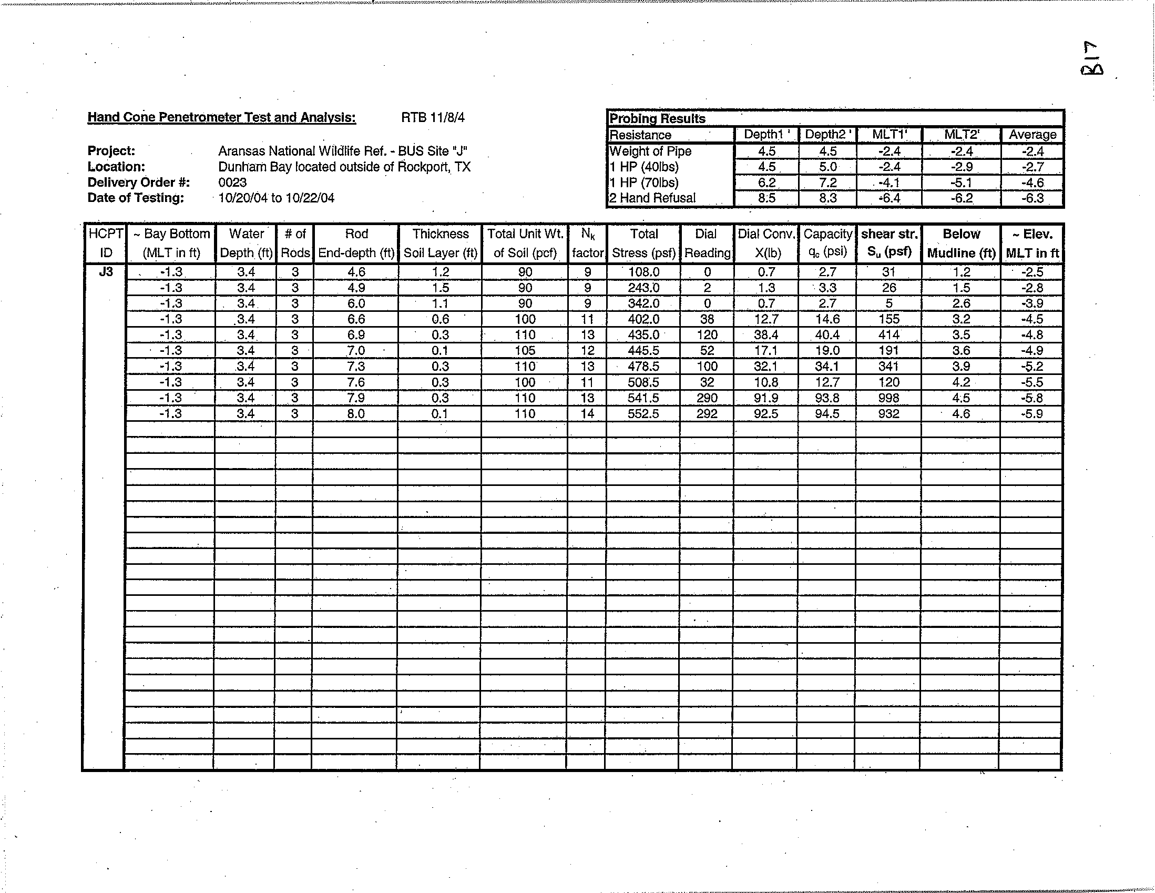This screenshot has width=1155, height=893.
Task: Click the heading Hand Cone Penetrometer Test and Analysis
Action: click(221, 117)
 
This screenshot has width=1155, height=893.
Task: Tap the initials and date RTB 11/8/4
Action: click(433, 117)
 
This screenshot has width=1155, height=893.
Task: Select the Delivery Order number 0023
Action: click(232, 182)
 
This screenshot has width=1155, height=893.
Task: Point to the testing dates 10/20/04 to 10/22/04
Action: click(276, 198)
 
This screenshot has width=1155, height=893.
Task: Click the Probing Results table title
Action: click(657, 118)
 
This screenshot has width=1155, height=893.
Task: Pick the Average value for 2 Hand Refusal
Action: click(1033, 198)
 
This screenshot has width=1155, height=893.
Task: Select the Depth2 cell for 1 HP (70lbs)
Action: click(827, 183)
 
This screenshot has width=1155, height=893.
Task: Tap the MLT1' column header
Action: click(890, 135)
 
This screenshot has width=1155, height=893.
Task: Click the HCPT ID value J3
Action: click(106, 272)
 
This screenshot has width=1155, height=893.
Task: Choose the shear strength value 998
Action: click(888, 398)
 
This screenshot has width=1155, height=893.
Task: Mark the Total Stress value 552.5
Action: click(643, 414)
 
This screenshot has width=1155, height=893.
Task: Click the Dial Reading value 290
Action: click(707, 398)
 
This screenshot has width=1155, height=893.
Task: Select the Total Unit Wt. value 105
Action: click(525, 351)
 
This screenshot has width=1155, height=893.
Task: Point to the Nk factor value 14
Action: click(587, 414)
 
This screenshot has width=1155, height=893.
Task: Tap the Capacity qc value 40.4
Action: click(827, 335)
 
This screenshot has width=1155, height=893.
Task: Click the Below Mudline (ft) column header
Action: click(961, 243)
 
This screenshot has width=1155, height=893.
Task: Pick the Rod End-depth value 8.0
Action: click(356, 414)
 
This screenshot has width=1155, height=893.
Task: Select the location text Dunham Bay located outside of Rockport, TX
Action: click(344, 167)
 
